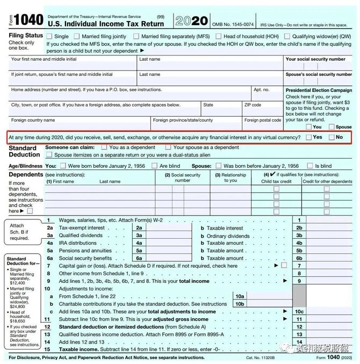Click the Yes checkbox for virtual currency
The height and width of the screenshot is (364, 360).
click(x=308, y=137)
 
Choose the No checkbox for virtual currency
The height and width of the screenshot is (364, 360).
click(x=332, y=137)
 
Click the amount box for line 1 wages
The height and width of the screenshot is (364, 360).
click(x=328, y=220)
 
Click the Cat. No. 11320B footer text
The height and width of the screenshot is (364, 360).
click(x=261, y=358)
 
